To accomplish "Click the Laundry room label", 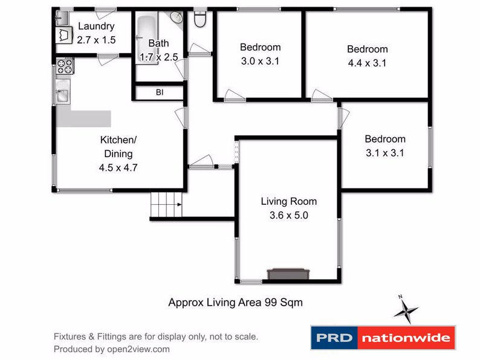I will [96, 27].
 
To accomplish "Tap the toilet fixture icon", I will [200, 19].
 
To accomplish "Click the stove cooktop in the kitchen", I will [64, 66].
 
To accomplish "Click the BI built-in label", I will [160, 92].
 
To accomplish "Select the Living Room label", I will [288, 202].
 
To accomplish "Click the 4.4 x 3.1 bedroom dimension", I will [367, 63].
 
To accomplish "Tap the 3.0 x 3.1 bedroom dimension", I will [260, 61].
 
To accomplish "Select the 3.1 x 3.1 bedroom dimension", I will [384, 153].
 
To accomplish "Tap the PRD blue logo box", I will [334, 338].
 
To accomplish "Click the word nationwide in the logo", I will [406, 338].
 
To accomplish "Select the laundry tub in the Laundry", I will [62, 35].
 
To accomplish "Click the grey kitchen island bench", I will [91, 118].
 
